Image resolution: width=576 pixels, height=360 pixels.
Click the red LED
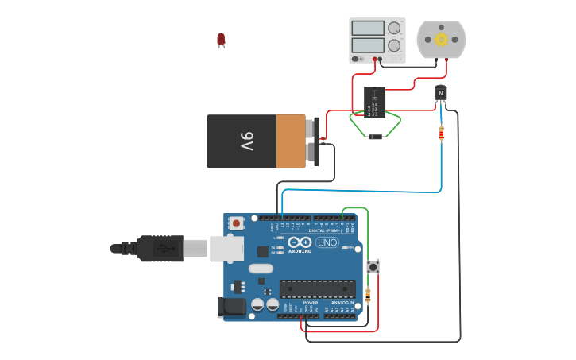pyautogui.click(x=221, y=39)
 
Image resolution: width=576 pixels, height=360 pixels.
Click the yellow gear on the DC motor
pyautogui.click(x=441, y=40)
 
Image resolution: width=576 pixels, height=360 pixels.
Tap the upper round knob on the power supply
pyautogui.click(x=394, y=28)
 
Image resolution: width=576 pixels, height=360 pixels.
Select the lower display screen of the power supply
pyautogui.click(x=368, y=45)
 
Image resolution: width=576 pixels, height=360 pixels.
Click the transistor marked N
pyautogui.click(x=441, y=93)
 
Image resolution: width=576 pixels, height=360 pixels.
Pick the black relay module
pyautogui.click(x=374, y=103)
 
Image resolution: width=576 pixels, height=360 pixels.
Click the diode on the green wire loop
pyautogui.click(x=375, y=137)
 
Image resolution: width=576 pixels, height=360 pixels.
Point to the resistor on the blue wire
pyautogui.click(x=441, y=134)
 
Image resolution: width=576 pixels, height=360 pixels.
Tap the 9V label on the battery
pyautogui.click(x=247, y=141)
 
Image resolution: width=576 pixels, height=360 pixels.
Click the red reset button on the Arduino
pyautogui.click(x=236, y=224)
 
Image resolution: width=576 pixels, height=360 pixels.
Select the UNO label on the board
pyautogui.click(x=327, y=242)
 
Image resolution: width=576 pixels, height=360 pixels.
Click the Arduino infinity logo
pyautogui.click(x=300, y=242)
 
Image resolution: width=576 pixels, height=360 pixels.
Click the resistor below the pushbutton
pyautogui.click(x=368, y=296)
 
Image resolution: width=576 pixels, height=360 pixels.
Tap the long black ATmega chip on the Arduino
pyautogui.click(x=317, y=288)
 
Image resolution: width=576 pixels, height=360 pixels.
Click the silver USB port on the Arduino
pyautogui.click(x=226, y=249)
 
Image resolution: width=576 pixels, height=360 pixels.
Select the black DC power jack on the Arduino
pyautogui.click(x=231, y=307)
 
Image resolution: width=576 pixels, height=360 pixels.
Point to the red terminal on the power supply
pyautogui.click(x=375, y=59)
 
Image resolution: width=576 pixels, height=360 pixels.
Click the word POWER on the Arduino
pyautogui.click(x=311, y=303)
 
